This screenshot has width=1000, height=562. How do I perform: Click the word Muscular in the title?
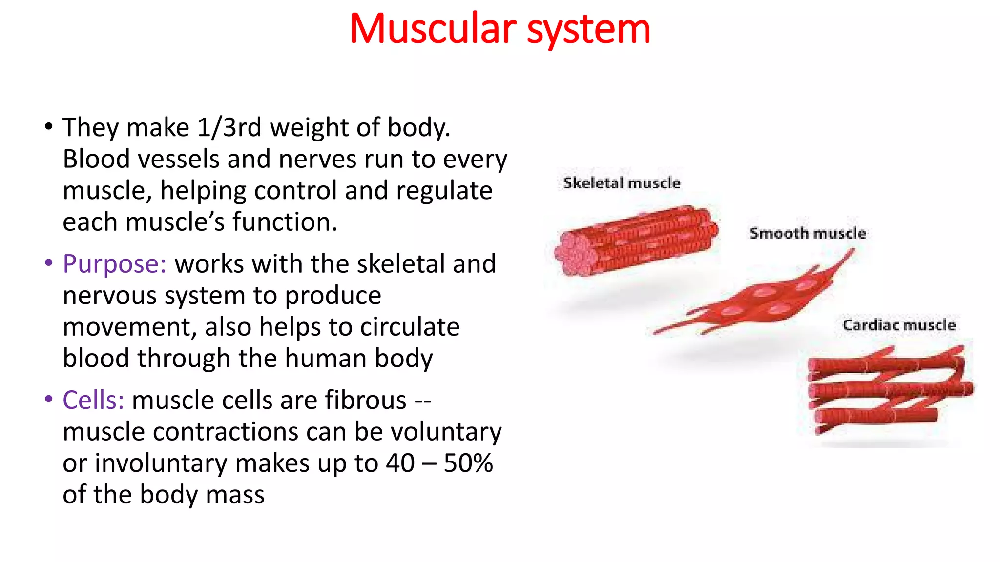pos(433,29)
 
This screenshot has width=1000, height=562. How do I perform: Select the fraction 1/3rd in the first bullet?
pos(229,127)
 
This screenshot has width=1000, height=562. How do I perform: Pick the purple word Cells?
pos(93,400)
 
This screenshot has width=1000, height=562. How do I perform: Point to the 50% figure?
pos(468,463)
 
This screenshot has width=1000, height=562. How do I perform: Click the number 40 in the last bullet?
pos(400,463)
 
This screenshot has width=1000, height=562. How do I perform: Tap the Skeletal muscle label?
pos(622,183)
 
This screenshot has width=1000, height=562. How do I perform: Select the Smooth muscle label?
pos(808,233)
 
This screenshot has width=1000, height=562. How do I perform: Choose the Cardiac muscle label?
pos(899,325)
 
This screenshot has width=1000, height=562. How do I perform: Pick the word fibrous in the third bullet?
pos(366,400)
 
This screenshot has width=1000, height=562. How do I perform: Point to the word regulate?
pos(444,191)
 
